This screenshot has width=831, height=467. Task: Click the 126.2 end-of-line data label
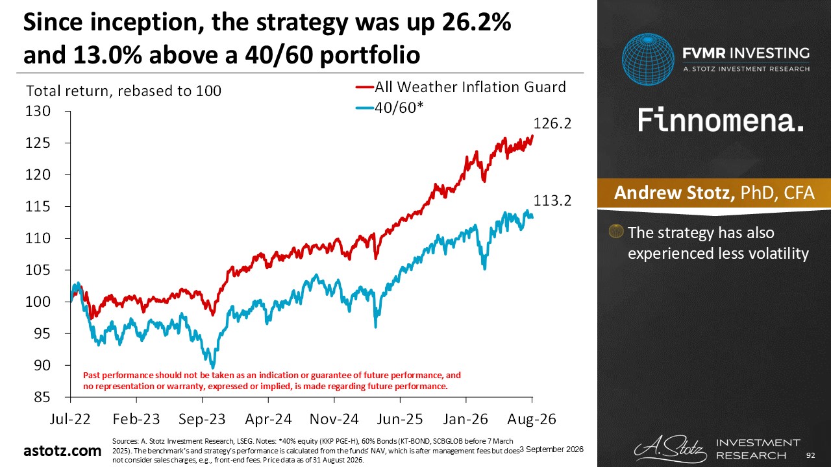pyautogui.click(x=552, y=123)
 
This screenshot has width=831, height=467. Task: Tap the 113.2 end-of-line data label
pyautogui.click(x=552, y=200)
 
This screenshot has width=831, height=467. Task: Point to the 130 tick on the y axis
pyautogui.click(x=38, y=111)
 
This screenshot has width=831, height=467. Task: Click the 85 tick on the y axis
pyautogui.click(x=42, y=398)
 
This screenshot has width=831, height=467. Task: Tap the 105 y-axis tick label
pyautogui.click(x=38, y=270)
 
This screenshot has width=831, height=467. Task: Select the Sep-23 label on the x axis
pyautogui.click(x=202, y=419)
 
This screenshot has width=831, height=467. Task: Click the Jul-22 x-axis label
pyautogui.click(x=70, y=419)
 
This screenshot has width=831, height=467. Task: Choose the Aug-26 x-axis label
pyautogui.click(x=532, y=419)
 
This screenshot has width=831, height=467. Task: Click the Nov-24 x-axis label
pyautogui.click(x=334, y=419)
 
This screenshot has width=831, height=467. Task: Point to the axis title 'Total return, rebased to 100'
pyautogui.click(x=123, y=91)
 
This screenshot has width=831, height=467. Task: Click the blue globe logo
pyautogui.click(x=648, y=59)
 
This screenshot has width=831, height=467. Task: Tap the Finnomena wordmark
pyautogui.click(x=721, y=120)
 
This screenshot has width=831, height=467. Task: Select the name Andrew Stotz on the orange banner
pyautogui.click(x=674, y=193)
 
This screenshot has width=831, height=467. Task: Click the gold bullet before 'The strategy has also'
pyautogui.click(x=616, y=232)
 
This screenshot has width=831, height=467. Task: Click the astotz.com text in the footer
pyautogui.click(x=62, y=451)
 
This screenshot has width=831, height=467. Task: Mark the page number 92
pyautogui.click(x=811, y=455)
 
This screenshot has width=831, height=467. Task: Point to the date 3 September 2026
pyautogui.click(x=551, y=449)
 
